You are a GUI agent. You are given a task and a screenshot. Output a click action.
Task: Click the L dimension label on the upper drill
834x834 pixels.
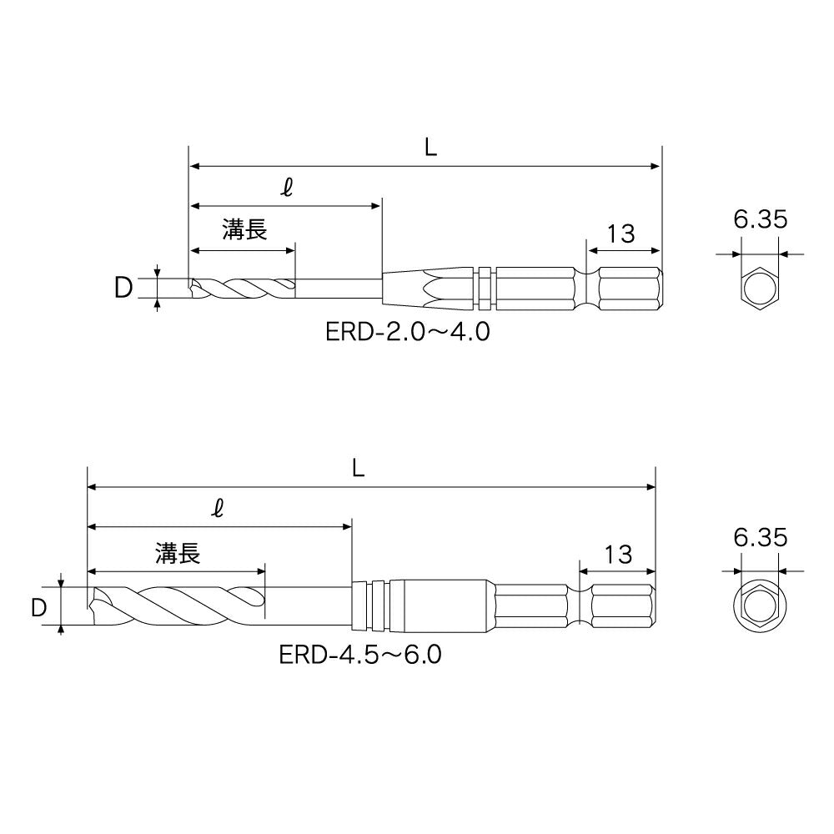[430, 147]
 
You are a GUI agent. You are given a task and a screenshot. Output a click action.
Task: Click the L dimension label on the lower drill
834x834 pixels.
[358, 468]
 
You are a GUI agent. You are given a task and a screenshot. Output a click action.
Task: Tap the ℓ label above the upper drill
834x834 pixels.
[287, 187]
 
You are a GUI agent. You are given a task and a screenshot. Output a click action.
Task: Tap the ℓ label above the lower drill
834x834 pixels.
[218, 508]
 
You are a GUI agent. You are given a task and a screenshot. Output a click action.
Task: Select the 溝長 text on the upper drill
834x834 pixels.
[244, 230]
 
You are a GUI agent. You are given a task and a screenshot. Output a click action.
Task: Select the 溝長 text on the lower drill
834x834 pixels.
[178, 553]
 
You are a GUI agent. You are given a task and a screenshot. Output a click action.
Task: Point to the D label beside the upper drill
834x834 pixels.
[123, 289]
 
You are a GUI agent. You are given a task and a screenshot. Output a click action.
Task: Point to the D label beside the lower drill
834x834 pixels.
[39, 608]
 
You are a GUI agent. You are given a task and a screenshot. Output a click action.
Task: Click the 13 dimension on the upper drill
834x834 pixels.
[620, 234]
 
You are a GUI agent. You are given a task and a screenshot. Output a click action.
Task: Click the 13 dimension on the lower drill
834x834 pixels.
[618, 555]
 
